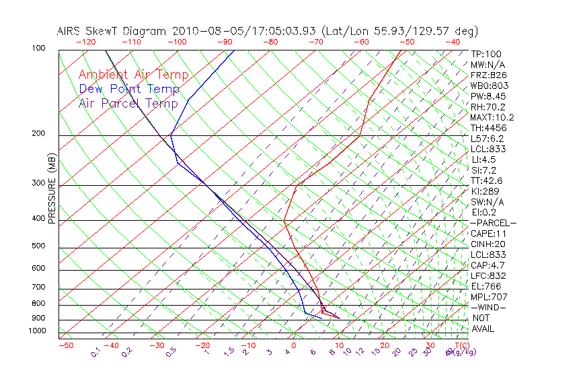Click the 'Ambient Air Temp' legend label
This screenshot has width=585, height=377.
133,75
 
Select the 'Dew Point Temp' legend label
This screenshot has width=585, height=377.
129,89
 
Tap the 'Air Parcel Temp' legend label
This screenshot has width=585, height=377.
128,103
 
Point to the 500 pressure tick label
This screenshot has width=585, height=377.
38,246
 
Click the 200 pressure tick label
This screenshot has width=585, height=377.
38,134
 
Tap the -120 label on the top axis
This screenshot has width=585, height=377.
85,42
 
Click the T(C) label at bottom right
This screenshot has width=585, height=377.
461,345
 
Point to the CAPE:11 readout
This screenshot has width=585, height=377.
487,234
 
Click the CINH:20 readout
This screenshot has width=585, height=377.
487,244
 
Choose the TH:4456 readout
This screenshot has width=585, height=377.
488,128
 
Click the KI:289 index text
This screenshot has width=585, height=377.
485,191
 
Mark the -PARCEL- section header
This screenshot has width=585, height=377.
493,223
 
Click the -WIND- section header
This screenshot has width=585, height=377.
488,307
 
